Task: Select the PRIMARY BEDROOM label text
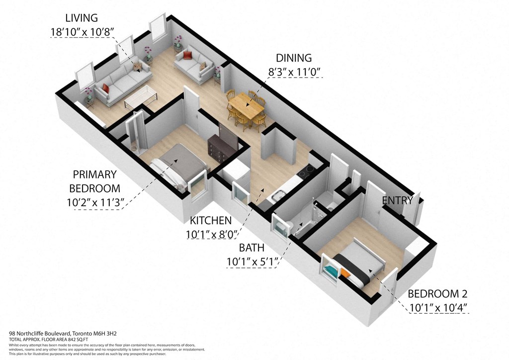tap(94, 181)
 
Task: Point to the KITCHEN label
tap(211, 220)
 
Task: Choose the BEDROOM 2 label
tap(437, 294)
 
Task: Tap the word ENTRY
tap(397, 201)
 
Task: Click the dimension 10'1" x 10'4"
tap(438, 307)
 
